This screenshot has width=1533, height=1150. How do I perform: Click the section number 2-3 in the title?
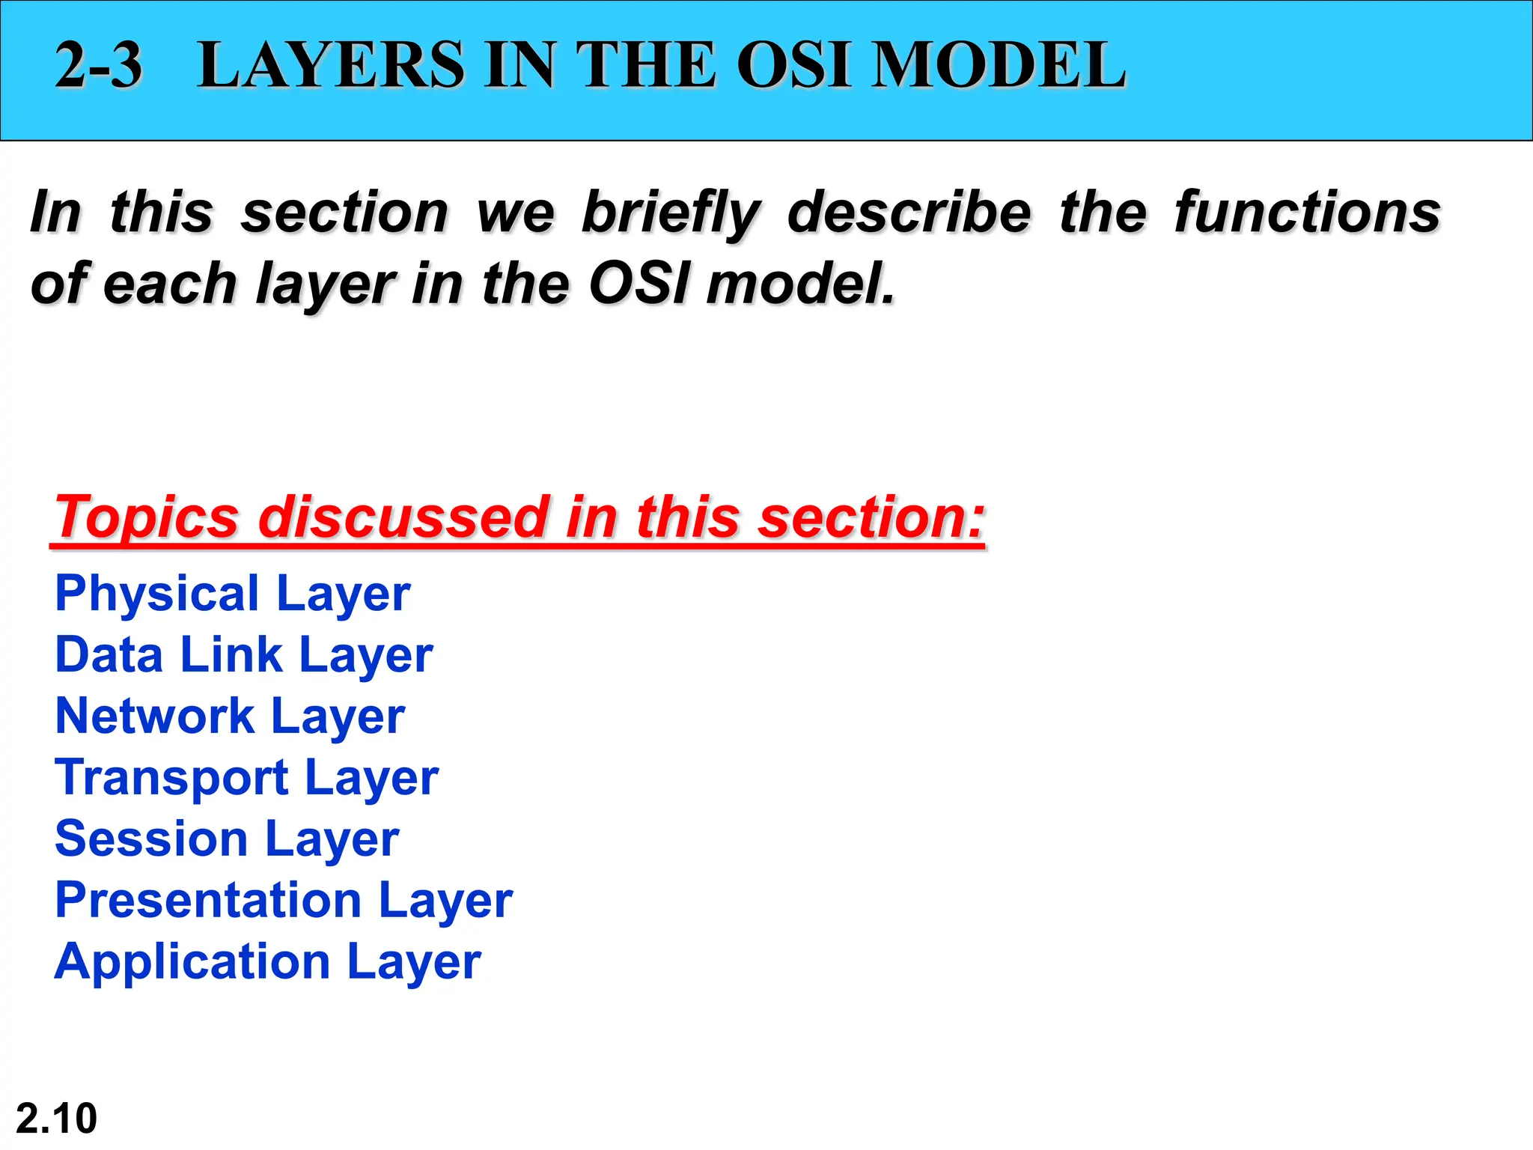(98, 66)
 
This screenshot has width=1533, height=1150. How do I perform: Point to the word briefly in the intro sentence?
(671, 213)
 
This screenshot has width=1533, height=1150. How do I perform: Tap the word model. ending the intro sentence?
(800, 285)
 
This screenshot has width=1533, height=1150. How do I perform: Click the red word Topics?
(147, 518)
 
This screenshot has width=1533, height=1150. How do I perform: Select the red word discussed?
(403, 517)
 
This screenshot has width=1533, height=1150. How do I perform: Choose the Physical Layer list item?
(233, 594)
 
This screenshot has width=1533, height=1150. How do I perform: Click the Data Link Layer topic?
(244, 656)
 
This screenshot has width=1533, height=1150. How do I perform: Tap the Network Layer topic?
(230, 717)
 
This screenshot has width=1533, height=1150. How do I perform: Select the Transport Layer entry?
(246, 779)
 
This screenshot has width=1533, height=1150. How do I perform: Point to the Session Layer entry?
(227, 840)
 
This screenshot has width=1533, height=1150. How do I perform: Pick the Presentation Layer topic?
(284, 901)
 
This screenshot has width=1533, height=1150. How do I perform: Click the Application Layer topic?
(268, 963)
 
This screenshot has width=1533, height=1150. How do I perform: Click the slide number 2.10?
(56, 1119)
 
